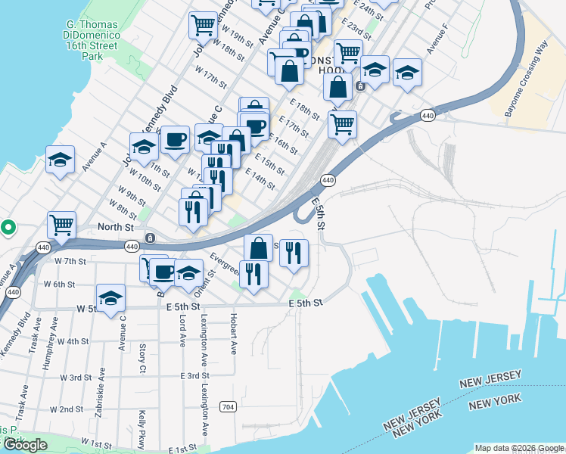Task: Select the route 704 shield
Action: coord(227,407)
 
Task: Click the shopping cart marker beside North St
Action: coord(61,224)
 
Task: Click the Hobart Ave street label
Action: coord(234,332)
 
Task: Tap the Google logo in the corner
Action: coord(25,445)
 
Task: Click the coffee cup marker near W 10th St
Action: coord(175,139)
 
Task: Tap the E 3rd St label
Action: coord(194,375)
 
